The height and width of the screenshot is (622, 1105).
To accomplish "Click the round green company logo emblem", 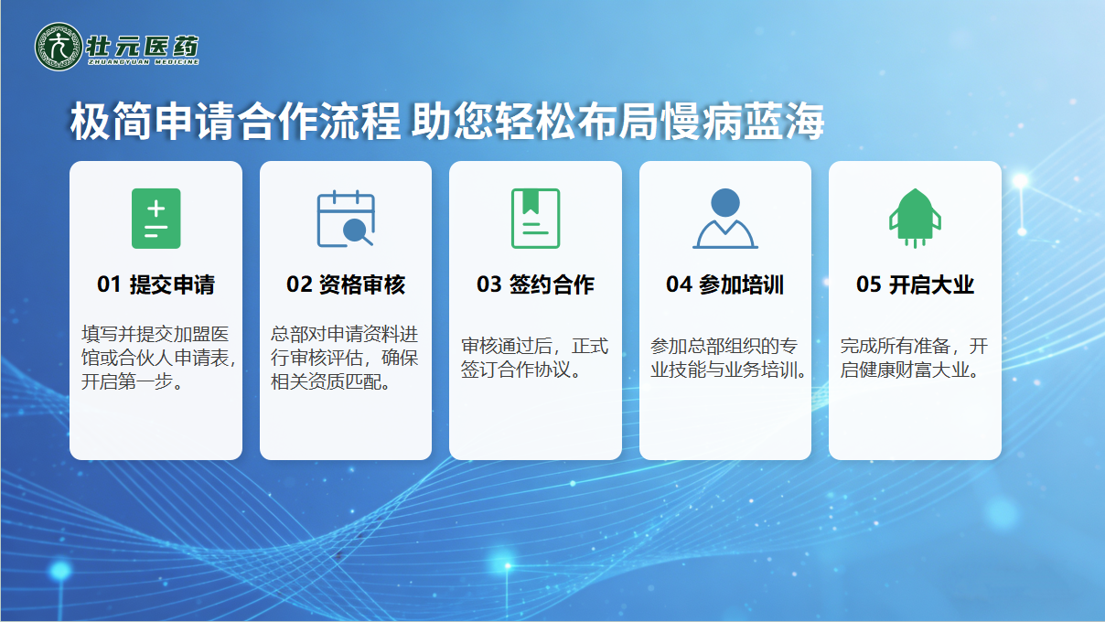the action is (59, 47).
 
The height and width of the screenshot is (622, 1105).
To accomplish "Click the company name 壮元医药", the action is (143, 47).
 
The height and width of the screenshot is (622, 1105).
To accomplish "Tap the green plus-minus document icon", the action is (156, 219).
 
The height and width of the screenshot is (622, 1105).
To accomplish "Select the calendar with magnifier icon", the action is (346, 219).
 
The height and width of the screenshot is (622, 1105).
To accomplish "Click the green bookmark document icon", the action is (535, 219).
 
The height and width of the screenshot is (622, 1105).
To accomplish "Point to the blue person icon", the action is (725, 219).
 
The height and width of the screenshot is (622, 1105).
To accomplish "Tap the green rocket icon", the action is (915, 218).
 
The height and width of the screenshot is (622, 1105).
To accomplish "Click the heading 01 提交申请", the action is (156, 284).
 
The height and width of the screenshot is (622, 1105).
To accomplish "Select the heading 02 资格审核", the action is (346, 284).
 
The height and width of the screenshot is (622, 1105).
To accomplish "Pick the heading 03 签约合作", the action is (535, 284).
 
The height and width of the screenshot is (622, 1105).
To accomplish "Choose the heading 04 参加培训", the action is (725, 284).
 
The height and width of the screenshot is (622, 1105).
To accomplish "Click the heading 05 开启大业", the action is (915, 284).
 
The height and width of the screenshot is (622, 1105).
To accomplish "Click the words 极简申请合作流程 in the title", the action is (235, 121).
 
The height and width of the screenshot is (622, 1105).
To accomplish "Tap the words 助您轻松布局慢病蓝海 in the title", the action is (617, 121).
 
